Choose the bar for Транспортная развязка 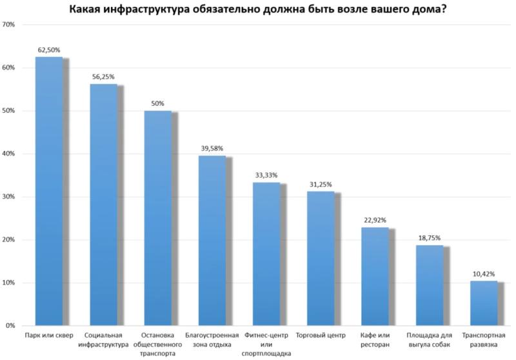(x=484, y=303)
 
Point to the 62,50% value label (x=49, y=49)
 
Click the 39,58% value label (x=212, y=148)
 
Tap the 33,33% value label (x=266, y=175)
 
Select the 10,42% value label (x=484, y=274)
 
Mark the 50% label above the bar (x=158, y=103)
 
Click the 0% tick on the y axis (x=11, y=326)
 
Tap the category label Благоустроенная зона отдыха (x=212, y=340)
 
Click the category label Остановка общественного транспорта (x=158, y=345)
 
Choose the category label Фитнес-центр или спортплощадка (x=266, y=345)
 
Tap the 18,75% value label (x=430, y=237)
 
